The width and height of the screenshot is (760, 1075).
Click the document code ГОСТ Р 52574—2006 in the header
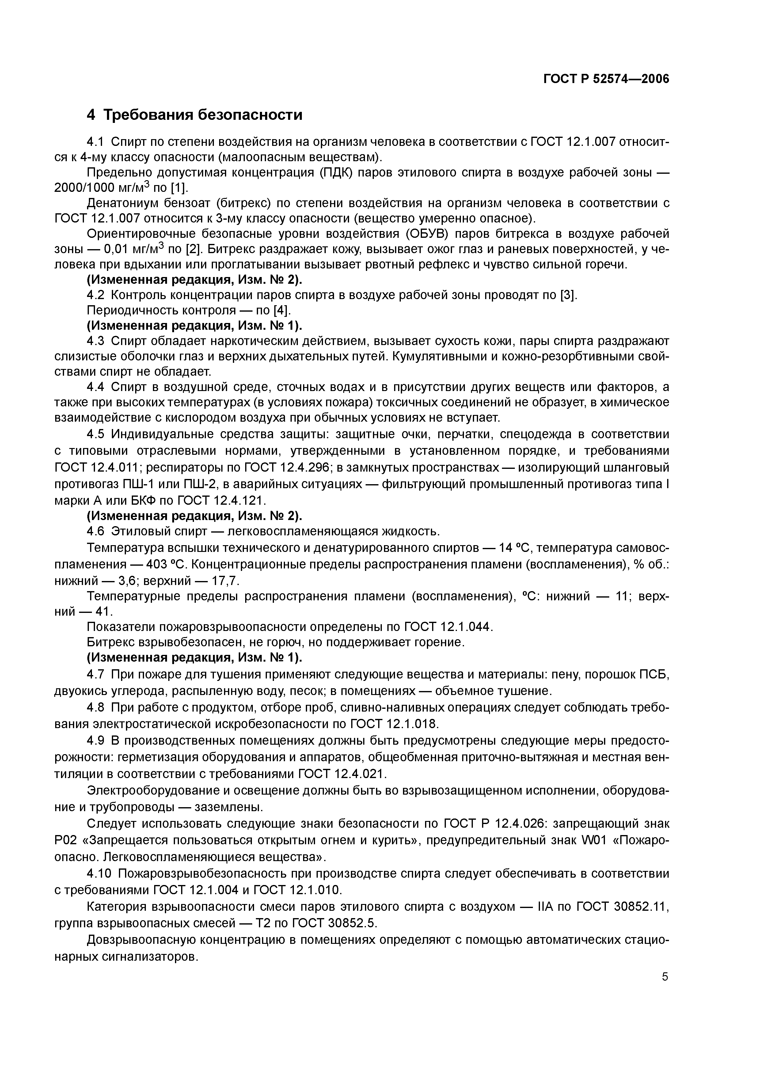tap(606, 79)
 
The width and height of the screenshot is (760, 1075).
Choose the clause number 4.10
tap(99, 874)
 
